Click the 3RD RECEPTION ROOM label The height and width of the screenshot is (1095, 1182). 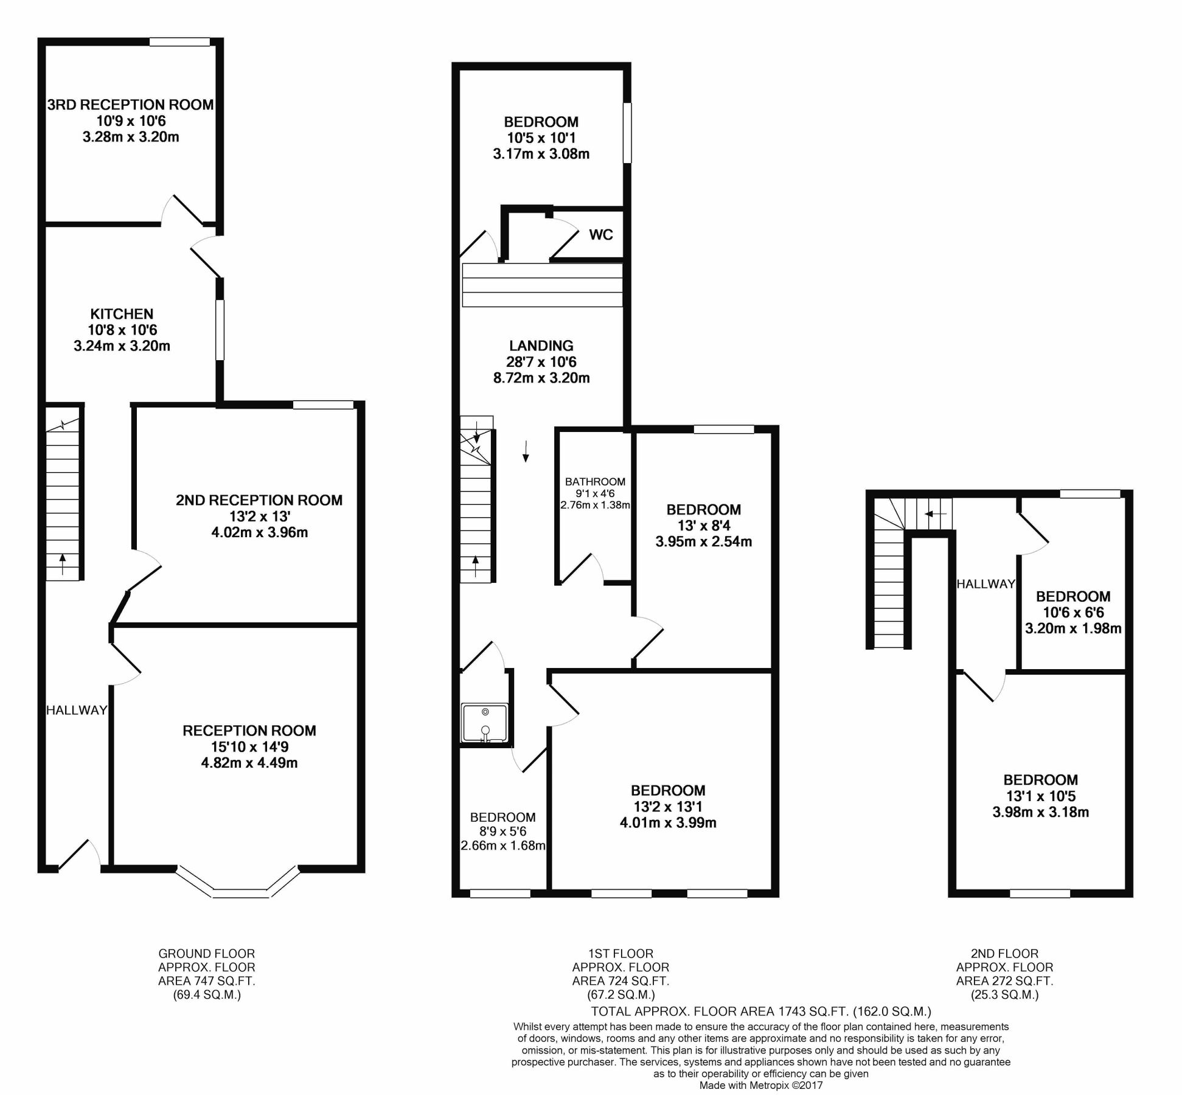coord(130,105)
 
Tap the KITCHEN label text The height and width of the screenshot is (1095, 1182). coord(122,314)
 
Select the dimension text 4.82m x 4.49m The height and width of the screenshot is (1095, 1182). coord(249,763)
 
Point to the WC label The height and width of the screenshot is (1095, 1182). coord(600,235)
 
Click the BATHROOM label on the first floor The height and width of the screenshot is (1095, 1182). coord(594,482)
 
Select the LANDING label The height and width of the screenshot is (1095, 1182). coord(541,346)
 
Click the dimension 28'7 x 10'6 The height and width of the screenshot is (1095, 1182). coord(541,362)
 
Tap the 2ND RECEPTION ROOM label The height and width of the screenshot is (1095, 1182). coord(259,500)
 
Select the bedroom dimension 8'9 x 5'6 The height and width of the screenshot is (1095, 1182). coord(502,832)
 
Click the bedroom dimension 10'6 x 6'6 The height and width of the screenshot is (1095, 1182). coord(1073,613)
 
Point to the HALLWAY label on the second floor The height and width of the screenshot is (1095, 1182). coord(986,584)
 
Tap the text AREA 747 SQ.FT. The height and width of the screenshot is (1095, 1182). coord(206,981)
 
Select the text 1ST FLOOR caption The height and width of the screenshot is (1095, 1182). coord(621,953)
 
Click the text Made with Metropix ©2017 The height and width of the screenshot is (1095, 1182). coord(760,1085)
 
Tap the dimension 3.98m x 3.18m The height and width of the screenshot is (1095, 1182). coord(1040,812)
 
